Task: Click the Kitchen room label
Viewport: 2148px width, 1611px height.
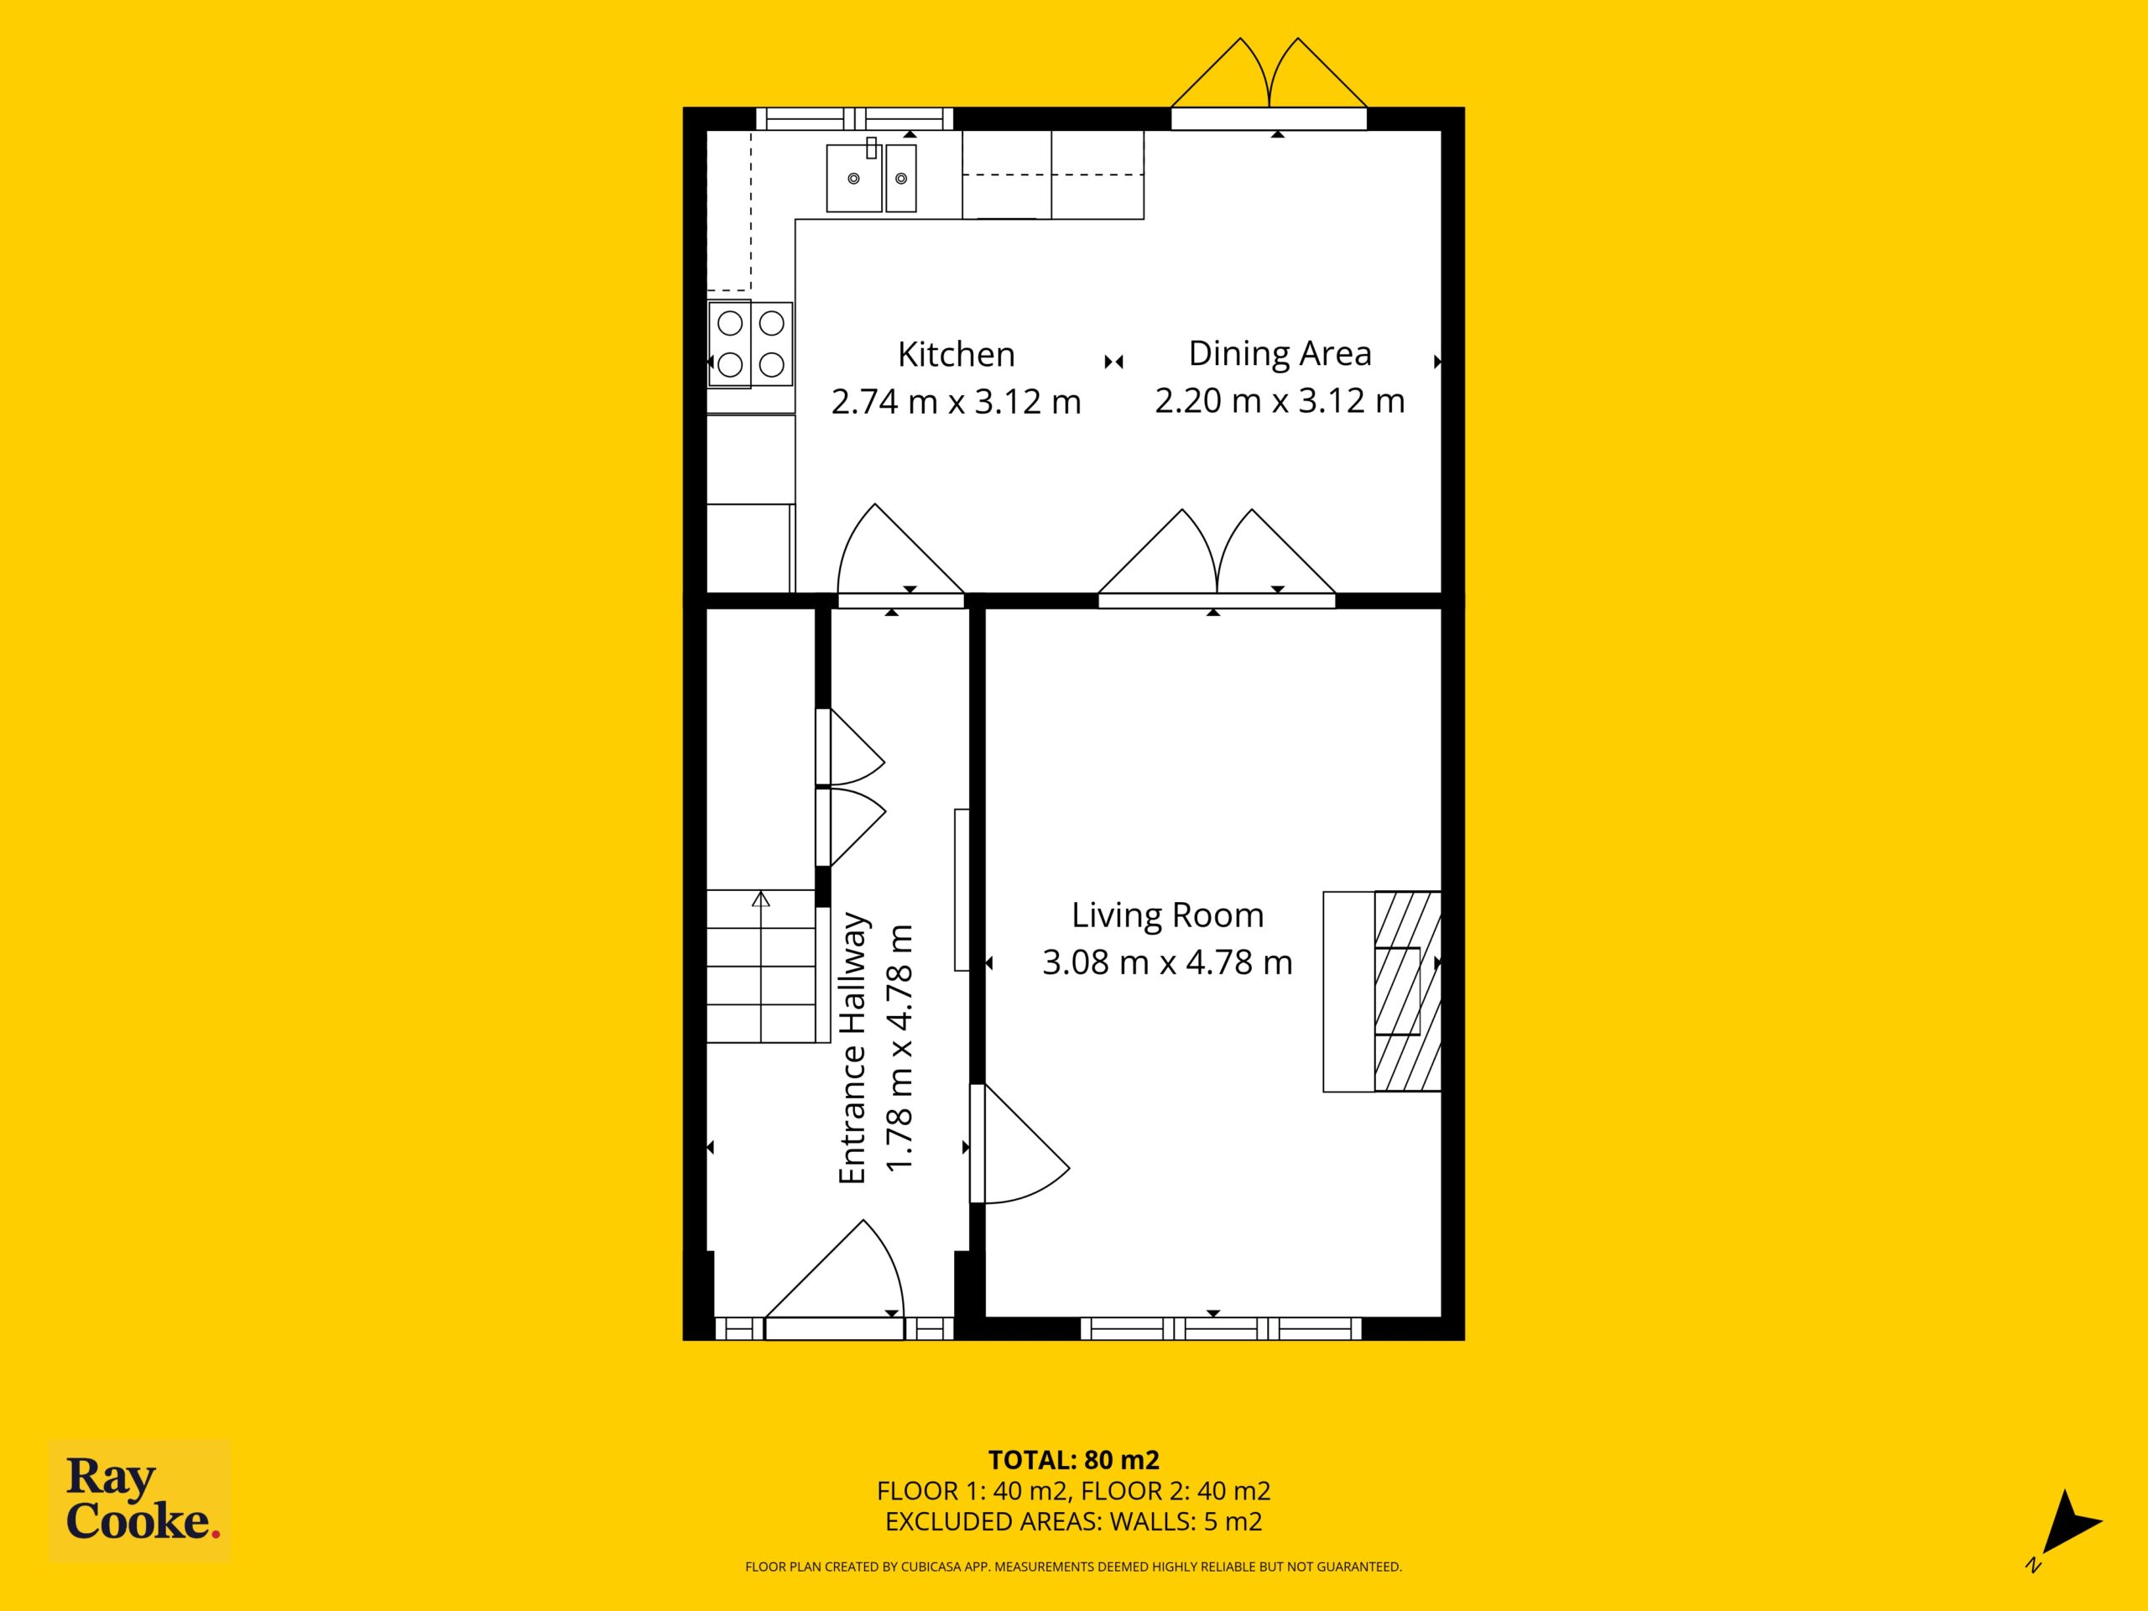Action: click(x=956, y=354)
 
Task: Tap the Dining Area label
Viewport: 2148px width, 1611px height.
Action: click(x=1280, y=353)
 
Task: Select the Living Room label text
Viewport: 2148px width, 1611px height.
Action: click(x=1167, y=915)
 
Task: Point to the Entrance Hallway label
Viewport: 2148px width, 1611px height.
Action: click(x=852, y=1048)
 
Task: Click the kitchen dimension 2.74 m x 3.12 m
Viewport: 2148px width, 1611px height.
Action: click(x=956, y=401)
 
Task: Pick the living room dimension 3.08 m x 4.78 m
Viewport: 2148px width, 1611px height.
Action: click(x=1167, y=962)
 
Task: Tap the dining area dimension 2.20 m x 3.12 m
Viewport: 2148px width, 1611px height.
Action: click(x=1280, y=400)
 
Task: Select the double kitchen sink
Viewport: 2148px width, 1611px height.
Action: click(x=871, y=177)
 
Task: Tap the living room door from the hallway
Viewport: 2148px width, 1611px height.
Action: click(x=1019, y=1144)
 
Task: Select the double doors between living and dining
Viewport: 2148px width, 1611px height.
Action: click(x=1217, y=554)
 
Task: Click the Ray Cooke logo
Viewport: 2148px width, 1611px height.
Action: click(x=140, y=1500)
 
